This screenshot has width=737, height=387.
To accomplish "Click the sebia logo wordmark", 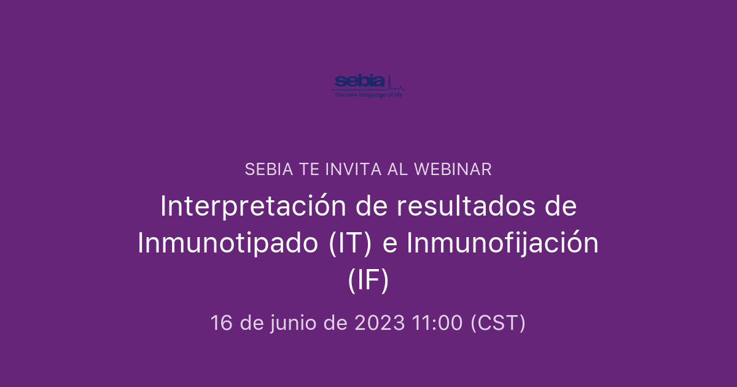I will click(x=359, y=81).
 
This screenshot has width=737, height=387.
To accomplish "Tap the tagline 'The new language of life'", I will click(x=368, y=95).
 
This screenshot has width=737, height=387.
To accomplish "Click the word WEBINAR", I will click(x=453, y=170).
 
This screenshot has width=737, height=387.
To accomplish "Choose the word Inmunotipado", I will click(x=228, y=243).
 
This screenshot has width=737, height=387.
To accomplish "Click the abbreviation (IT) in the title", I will click(x=351, y=243).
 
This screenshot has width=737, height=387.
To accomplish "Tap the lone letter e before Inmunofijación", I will click(x=389, y=243).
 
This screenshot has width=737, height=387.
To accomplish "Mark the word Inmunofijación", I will click(x=502, y=243).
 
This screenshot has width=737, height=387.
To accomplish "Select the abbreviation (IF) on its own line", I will click(x=368, y=280).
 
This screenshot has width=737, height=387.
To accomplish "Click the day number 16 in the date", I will click(x=222, y=322).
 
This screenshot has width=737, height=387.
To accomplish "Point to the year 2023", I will click(x=380, y=322).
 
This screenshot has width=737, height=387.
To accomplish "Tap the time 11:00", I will click(x=437, y=322).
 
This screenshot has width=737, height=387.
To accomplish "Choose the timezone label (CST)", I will click(x=498, y=322).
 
